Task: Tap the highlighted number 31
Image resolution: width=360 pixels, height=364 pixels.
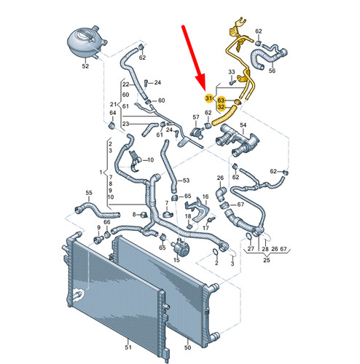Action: point(208,98)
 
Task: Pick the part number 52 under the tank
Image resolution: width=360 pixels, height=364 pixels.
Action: point(85,66)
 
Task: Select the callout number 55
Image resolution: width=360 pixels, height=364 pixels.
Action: point(89,193)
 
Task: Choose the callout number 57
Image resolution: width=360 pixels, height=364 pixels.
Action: point(195,117)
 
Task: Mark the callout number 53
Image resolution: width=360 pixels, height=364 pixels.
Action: point(185,180)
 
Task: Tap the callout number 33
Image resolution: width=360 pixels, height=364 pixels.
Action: point(231,71)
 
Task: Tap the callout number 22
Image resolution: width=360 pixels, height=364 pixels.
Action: point(125,86)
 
